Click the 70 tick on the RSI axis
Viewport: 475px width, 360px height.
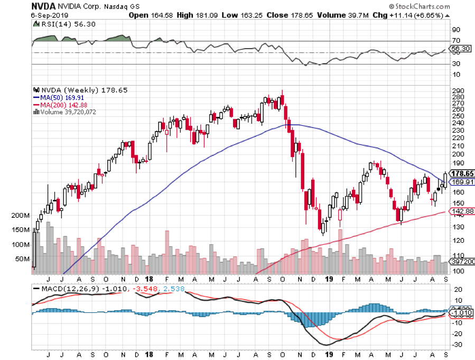click(455, 41)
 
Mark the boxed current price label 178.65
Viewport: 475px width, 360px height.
click(461, 173)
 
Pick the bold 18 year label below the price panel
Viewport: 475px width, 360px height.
click(150, 279)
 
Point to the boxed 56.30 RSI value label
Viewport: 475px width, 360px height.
click(458, 48)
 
